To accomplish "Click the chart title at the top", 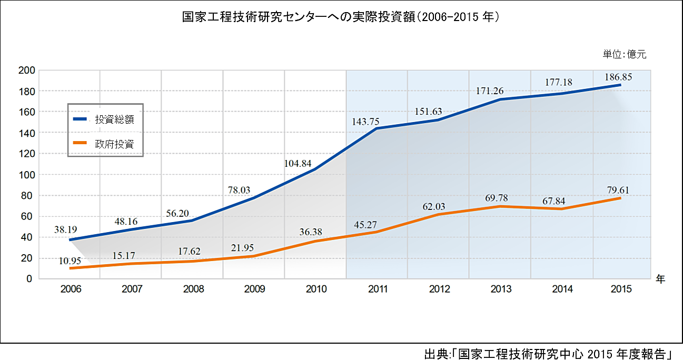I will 341,17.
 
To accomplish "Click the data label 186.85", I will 619,77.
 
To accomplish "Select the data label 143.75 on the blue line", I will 367,122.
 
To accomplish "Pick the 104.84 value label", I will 298,163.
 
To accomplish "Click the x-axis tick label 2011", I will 378,289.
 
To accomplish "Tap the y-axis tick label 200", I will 26,71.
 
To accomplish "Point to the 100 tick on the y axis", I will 26,175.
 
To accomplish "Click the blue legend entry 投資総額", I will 114,119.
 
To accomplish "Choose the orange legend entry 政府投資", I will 114,143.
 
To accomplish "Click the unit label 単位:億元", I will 624,54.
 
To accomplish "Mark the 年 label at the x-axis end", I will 660,279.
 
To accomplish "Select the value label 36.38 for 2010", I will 311,232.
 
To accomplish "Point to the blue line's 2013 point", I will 499,99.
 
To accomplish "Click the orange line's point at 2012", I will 438,214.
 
